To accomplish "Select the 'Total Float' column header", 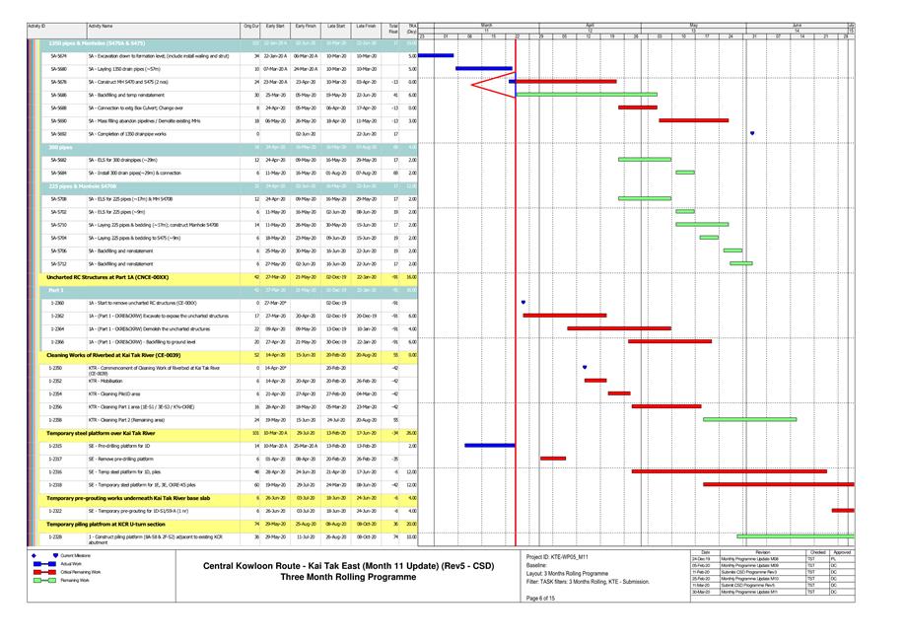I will (393, 28).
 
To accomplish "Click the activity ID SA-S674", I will (59, 56).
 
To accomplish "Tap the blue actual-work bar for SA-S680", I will (483, 69).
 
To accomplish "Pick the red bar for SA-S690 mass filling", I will (693, 120).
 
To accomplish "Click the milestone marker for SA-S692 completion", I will (752, 133).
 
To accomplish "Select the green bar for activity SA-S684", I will (685, 172).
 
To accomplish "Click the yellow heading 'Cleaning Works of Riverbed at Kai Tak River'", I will (113, 353).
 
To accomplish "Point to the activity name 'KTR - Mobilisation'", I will (109, 380).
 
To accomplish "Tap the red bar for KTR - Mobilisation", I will (595, 380).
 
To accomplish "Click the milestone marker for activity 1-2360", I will (523, 302).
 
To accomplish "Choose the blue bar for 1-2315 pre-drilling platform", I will (489, 445).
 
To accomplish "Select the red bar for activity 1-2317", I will (553, 459).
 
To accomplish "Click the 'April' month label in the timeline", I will (590, 25).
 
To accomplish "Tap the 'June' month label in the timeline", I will (796, 25).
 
